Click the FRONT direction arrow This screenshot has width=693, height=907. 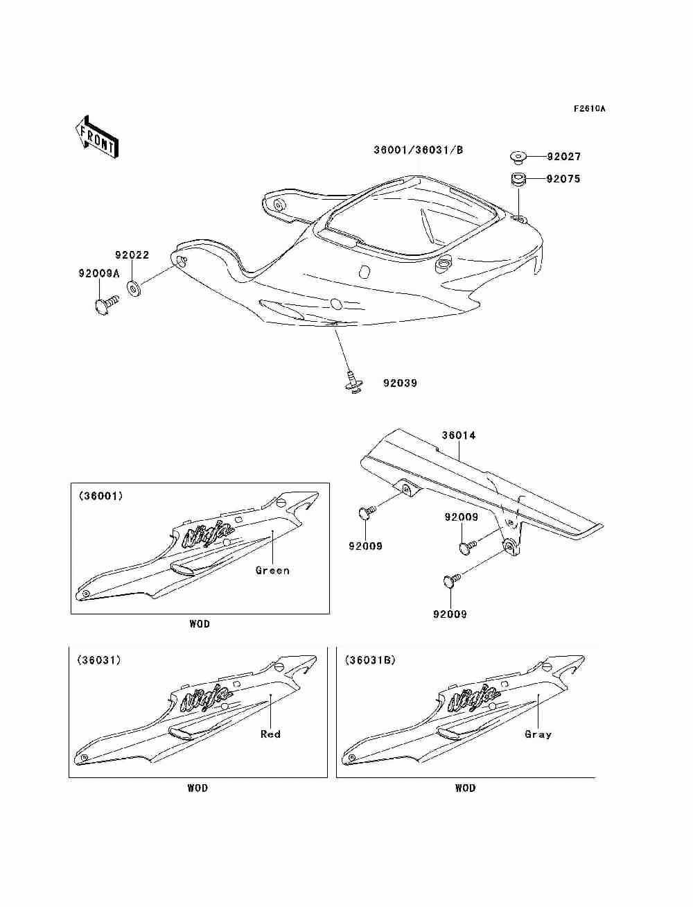pos(96,135)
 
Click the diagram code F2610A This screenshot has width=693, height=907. pos(589,109)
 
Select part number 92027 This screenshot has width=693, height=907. pos(563,157)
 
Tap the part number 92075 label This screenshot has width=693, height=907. pos(563,179)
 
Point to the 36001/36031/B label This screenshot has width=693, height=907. pos(418,150)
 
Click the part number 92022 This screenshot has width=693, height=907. pos(132,255)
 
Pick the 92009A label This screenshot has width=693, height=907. pos(98,274)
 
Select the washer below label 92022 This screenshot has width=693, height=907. pos(134,286)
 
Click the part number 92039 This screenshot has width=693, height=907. pos(400,383)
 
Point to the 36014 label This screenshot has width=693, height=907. pos(459,435)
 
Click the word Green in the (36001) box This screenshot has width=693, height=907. pos(272,571)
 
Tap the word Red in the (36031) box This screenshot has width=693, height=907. pos(270,734)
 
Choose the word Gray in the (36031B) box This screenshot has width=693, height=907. pos(538,734)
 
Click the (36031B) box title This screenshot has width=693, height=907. pos(370,660)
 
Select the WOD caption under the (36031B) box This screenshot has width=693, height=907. pos(465,788)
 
